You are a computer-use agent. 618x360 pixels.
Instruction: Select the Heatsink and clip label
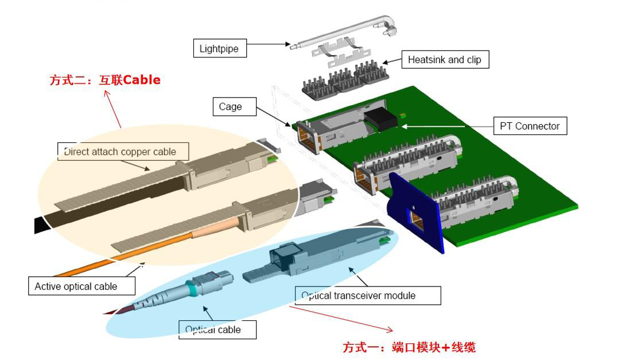coord(444,60)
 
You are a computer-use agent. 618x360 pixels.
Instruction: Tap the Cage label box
coord(230,107)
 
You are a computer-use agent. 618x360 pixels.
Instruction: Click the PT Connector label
coord(530,126)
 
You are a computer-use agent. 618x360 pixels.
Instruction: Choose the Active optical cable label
coord(75,286)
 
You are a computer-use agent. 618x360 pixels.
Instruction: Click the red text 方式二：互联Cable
coord(105,80)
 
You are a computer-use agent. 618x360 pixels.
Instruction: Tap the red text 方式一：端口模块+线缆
coord(409,347)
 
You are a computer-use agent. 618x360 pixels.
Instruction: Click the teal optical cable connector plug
coord(197,285)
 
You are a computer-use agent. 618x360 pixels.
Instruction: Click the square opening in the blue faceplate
coord(418,219)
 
